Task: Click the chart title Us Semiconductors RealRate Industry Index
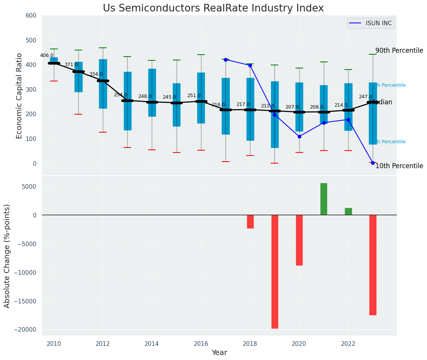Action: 213,8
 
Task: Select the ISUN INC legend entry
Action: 378,23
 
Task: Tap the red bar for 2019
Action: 274,271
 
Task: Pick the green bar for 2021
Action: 324,199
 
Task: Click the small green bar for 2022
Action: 348,211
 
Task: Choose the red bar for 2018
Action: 250,222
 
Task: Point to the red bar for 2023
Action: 373,265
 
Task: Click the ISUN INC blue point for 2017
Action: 226,60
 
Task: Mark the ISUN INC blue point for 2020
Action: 299,136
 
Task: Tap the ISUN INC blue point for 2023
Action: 373,163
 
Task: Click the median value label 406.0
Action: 47,55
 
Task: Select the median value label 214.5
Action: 341,105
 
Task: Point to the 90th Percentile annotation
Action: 399,50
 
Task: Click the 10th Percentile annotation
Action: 399,166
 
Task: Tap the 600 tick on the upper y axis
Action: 31,15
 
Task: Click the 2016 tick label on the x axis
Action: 201,344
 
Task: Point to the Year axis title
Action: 219,353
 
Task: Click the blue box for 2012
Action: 103,84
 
